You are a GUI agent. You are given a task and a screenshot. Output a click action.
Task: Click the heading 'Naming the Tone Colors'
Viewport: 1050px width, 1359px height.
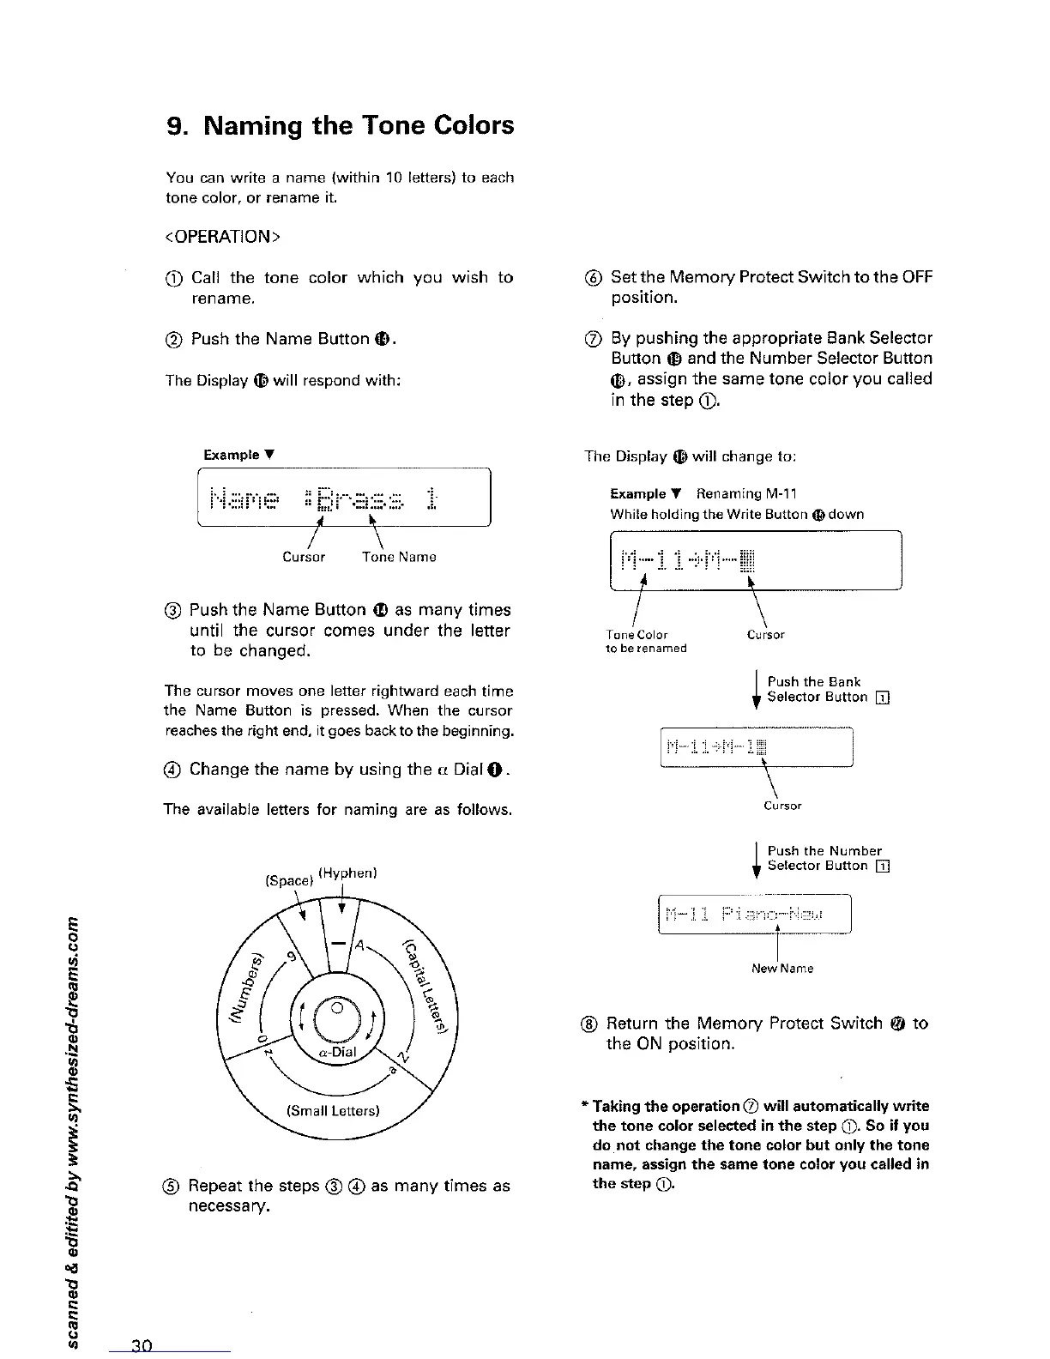click(x=339, y=125)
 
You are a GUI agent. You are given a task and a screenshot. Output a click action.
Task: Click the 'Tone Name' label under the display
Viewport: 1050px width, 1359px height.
click(x=399, y=557)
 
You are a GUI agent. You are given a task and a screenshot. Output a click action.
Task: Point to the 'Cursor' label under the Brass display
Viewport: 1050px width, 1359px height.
click(x=304, y=557)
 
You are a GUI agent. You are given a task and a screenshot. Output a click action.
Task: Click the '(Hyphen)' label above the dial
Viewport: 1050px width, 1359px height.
click(x=348, y=873)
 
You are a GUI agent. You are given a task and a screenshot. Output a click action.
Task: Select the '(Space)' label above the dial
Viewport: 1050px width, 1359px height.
click(x=288, y=880)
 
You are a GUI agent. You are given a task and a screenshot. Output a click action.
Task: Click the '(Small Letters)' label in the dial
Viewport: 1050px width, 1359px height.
click(x=333, y=1111)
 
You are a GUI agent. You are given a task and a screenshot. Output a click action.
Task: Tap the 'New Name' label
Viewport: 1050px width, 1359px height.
click(x=782, y=969)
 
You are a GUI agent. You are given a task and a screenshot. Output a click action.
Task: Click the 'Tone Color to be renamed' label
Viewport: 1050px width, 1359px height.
click(x=645, y=642)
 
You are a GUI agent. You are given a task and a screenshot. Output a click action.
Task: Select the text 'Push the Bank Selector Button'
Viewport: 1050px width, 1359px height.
click(x=818, y=690)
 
